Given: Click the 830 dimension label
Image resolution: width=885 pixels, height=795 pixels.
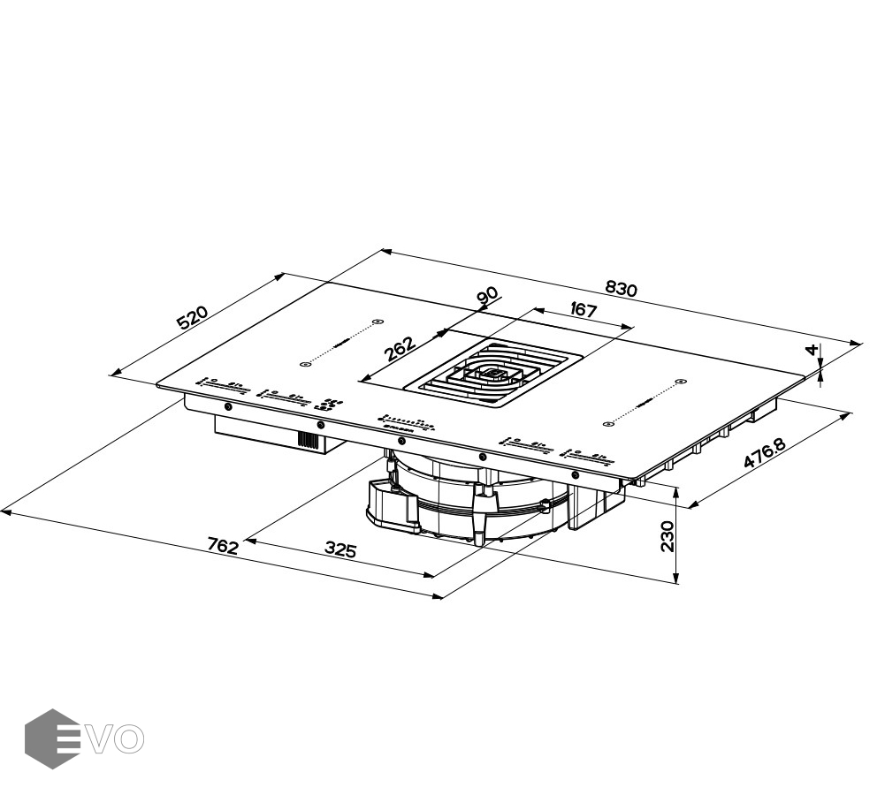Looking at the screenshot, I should point(622,288).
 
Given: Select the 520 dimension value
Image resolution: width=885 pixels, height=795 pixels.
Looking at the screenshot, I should point(193,318).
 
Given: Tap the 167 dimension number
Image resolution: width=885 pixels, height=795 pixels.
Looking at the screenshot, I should point(583,310).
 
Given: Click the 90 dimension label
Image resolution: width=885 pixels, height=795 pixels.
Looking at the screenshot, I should point(487,297).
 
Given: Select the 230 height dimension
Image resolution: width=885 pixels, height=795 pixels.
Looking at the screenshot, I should point(668,535).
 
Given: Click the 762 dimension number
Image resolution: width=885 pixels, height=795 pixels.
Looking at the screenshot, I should point(223,546).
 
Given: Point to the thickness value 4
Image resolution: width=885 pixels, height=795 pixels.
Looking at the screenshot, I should point(811,350).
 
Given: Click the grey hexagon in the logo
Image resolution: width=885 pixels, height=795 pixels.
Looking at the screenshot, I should point(52,738).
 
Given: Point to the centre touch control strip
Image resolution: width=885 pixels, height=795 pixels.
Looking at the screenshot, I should point(408,425).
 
